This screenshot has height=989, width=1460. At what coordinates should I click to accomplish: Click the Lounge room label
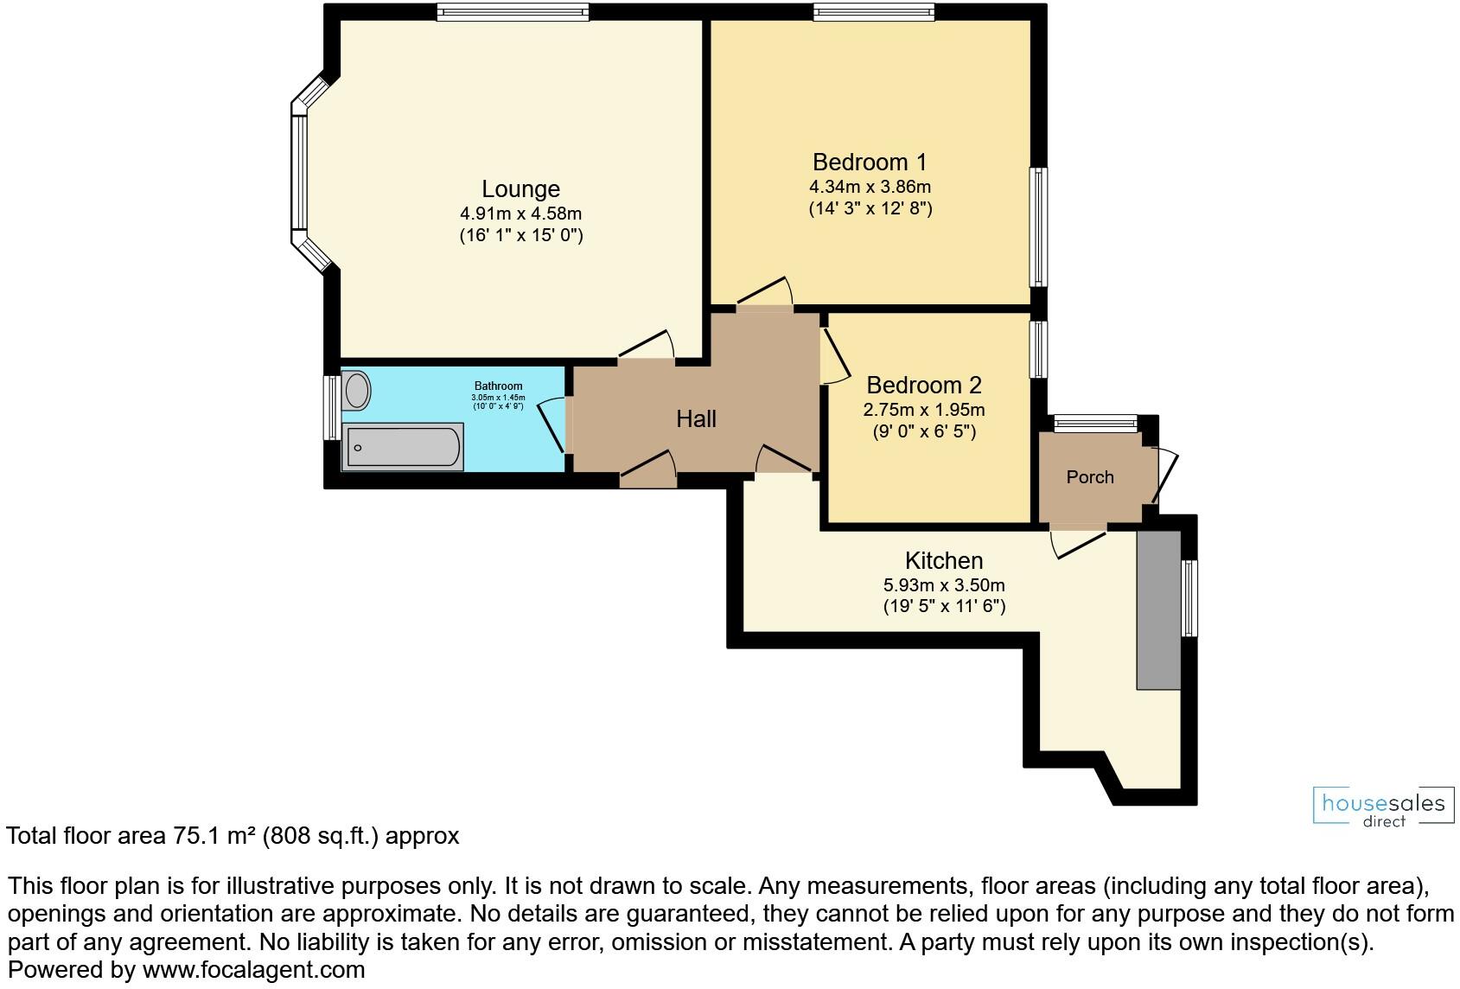point(520,189)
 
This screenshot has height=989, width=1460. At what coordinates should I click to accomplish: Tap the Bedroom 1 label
point(870,163)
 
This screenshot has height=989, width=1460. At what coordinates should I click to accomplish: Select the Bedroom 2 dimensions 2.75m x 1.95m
point(923,410)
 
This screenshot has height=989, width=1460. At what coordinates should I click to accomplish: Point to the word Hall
point(696,419)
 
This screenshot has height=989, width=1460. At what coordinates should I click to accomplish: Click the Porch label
point(1089,477)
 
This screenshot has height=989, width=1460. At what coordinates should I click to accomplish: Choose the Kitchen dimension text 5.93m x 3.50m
point(944,585)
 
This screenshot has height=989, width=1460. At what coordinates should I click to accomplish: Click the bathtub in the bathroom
point(403,447)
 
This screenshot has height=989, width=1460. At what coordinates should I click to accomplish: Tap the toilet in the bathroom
point(356,391)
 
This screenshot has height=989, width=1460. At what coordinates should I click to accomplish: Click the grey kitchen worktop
point(1158,610)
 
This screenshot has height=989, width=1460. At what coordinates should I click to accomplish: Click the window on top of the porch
point(1095,423)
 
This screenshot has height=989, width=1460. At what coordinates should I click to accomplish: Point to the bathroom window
point(331,406)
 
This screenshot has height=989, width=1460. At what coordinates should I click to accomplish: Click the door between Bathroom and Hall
point(553,424)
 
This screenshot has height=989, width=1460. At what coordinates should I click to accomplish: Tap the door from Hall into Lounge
point(647,348)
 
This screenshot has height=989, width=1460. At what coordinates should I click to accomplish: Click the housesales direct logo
point(1383,807)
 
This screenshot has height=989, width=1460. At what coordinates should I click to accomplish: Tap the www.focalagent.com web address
point(253,970)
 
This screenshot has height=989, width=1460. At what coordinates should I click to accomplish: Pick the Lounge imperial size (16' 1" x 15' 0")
point(520,235)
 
